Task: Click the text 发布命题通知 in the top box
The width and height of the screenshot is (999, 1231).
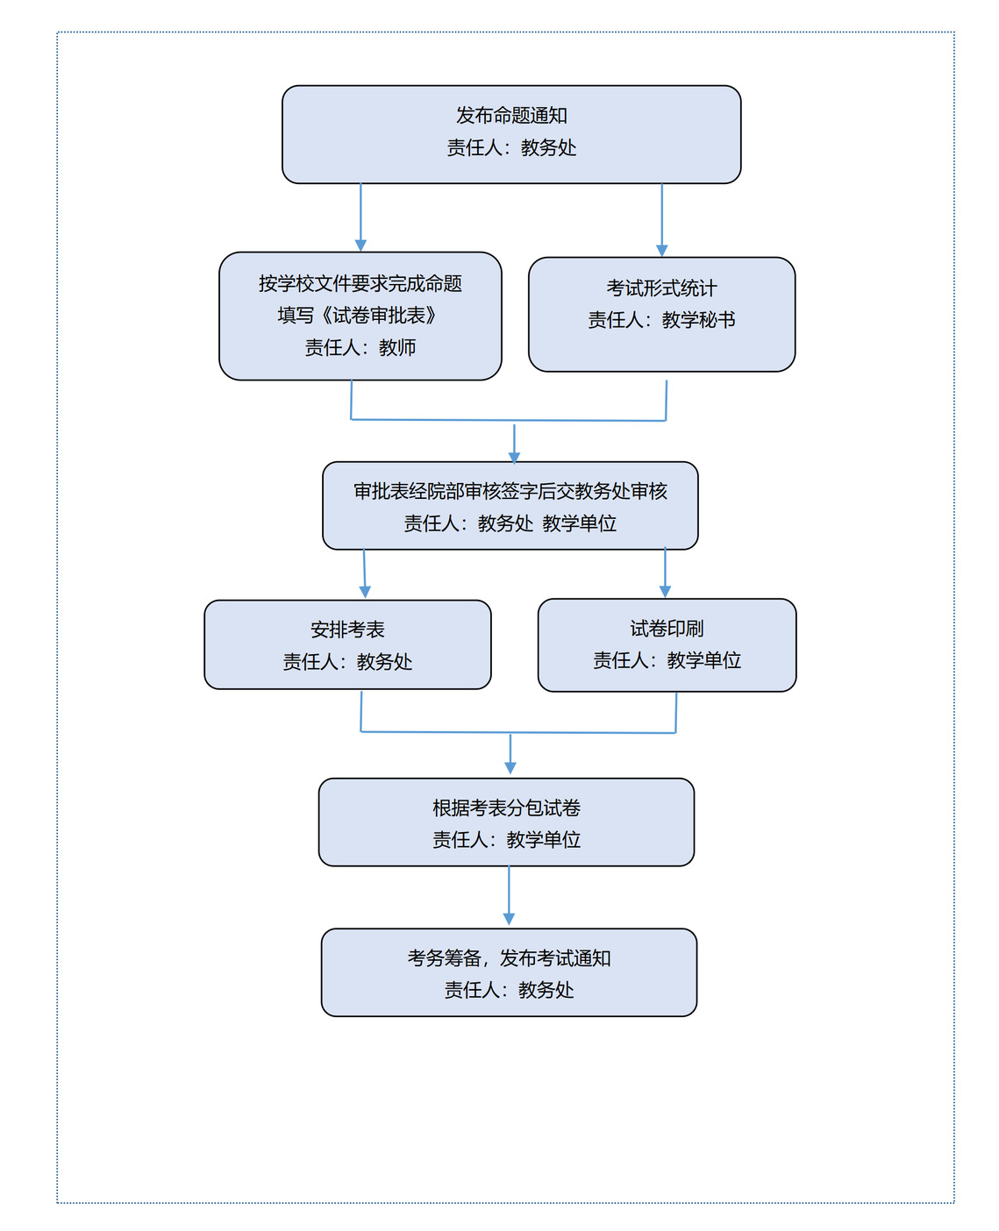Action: pyautogui.click(x=511, y=116)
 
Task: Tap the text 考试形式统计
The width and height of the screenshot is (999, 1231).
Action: pyautogui.click(x=661, y=288)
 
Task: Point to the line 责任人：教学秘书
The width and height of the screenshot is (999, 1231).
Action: pyautogui.click(x=661, y=320)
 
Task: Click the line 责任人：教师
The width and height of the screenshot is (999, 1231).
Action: pyautogui.click(x=360, y=347)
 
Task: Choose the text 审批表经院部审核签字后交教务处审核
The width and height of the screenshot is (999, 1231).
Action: pyautogui.click(x=510, y=491)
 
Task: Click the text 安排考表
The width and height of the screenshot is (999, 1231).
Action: pyautogui.click(x=347, y=630)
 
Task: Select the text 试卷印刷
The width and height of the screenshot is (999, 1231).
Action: pyautogui.click(x=667, y=629)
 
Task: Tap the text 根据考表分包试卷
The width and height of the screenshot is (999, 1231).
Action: pyautogui.click(x=506, y=808)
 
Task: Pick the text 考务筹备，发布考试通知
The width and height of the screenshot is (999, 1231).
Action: pyautogui.click(x=509, y=957)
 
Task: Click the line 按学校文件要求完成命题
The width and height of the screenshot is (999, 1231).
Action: pyautogui.click(x=360, y=283)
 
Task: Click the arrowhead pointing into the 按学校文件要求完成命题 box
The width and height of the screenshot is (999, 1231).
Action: pyautogui.click(x=360, y=245)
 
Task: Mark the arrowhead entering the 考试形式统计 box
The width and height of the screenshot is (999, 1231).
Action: pyautogui.click(x=661, y=251)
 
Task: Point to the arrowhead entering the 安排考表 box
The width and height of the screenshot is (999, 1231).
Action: pyautogui.click(x=365, y=592)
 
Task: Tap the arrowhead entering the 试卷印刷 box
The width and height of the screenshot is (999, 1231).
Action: pyautogui.click(x=665, y=592)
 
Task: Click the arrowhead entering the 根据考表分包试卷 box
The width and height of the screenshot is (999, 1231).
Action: pyautogui.click(x=510, y=768)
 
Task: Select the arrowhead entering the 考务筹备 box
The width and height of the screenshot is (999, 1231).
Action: pyautogui.click(x=509, y=919)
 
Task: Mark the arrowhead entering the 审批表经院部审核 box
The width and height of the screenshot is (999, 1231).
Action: pyautogui.click(x=514, y=458)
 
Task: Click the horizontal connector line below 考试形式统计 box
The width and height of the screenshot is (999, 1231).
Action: pyautogui.click(x=508, y=420)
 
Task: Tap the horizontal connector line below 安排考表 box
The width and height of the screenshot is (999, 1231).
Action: pyautogui.click(x=518, y=732)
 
